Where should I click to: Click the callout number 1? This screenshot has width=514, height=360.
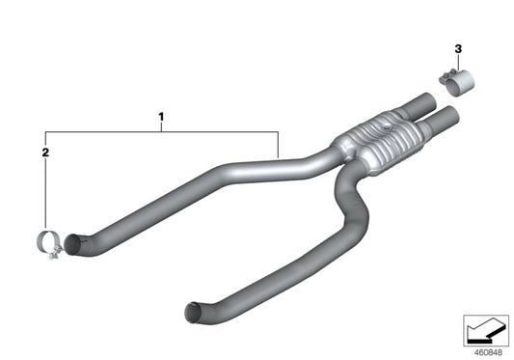(161, 119)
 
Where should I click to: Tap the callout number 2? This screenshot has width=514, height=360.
(44, 152)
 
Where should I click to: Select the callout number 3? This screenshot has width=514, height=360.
(458, 48)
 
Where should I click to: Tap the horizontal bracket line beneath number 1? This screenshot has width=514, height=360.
(162, 130)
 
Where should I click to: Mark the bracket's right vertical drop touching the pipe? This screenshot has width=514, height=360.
(279, 145)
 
